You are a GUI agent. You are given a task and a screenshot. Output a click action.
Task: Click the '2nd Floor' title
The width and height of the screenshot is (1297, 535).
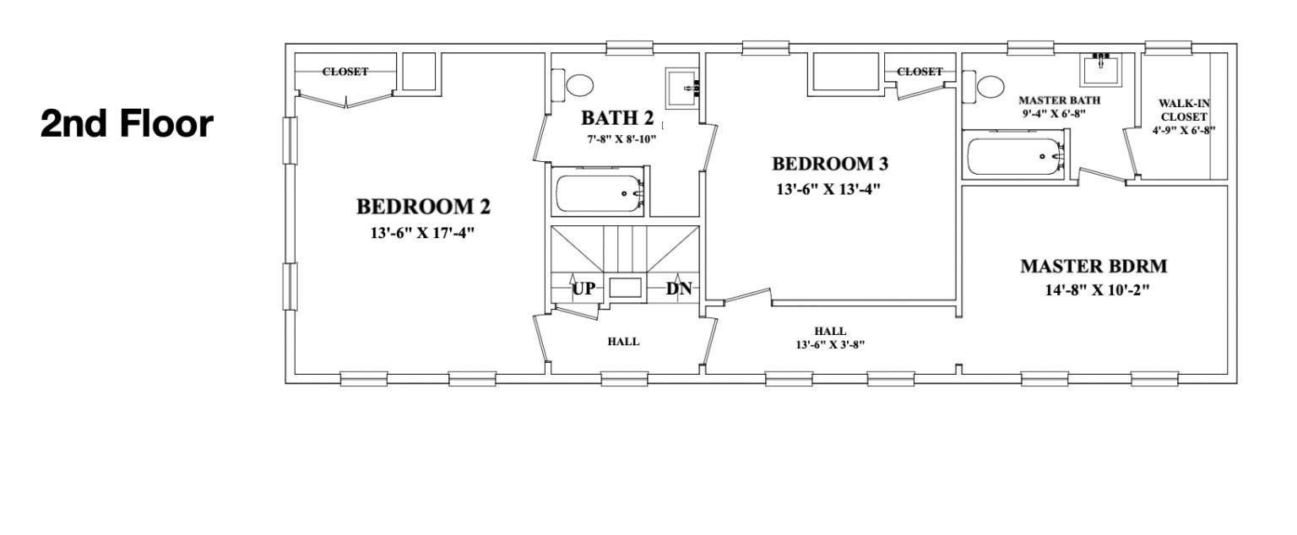pos(127,124)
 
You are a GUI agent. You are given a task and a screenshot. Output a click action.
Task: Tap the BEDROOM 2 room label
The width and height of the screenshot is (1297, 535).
pos(423,207)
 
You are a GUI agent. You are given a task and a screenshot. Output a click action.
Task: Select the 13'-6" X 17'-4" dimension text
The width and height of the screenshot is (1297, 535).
pos(423,232)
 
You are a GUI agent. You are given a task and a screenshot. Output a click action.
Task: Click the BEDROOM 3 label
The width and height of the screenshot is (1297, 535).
pos(830,164)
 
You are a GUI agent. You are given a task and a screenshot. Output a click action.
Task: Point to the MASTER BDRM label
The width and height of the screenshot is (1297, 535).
pos(1093,267)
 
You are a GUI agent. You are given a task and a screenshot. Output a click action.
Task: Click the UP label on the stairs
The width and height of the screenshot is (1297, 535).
pos(584,289)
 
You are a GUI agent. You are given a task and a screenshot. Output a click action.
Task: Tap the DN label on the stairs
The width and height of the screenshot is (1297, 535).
pos(679,289)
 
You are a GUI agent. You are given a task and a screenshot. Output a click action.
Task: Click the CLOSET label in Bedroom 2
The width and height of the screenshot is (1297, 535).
pos(345,72)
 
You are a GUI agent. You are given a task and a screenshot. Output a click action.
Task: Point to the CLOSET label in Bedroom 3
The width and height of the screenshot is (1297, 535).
pos(920,72)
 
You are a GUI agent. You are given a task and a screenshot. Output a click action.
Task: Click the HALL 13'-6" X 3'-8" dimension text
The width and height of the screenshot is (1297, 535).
pos(830,344)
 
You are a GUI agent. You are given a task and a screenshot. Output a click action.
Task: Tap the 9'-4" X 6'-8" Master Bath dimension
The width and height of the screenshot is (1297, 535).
pos(1059,113)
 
